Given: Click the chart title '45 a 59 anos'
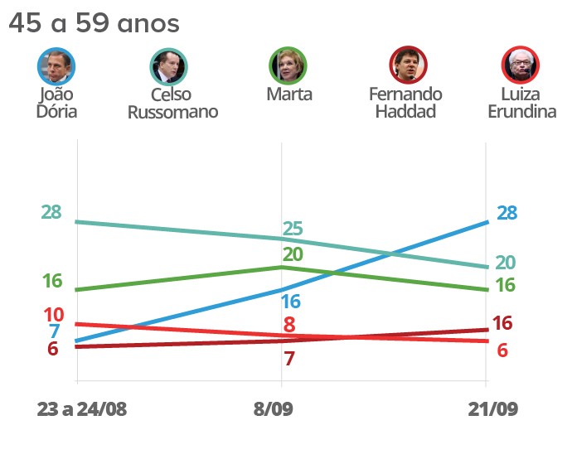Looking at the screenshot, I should coord(94,23).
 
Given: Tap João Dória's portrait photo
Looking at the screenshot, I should coord(56,65).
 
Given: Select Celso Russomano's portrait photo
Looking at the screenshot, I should coord(169,65).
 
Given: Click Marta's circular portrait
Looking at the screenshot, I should coord(288,65).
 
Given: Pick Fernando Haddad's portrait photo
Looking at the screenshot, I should coord(408,65).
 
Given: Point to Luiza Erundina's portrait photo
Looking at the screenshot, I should coord(521,65).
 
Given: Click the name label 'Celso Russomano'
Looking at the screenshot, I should coord(172,104).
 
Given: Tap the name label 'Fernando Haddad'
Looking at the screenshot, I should coord(405,102).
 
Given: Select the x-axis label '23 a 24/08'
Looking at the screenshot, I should coord(82,409).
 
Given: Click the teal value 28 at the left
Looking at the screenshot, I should coord(51,211).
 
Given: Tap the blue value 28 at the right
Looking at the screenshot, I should coord(507,213).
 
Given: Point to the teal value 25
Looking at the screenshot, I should coord(292,229).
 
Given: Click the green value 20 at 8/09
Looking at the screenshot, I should coord(292,254).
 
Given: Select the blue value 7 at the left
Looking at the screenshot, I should coord(54,331).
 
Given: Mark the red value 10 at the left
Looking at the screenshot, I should coord(53,315).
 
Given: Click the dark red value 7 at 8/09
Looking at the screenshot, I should coord(289,359).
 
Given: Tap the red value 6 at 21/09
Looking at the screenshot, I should coord(502,350).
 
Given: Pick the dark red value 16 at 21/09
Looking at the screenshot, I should coord(502,323).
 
